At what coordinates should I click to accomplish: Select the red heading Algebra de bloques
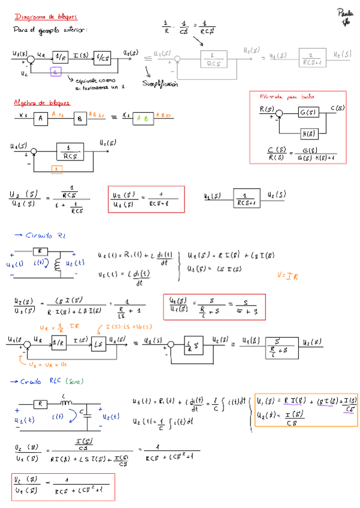click(x=42, y=103)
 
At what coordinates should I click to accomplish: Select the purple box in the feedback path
click(x=56, y=71)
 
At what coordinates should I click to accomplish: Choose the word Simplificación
click(x=160, y=84)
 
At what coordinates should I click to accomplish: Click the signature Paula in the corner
click(x=345, y=13)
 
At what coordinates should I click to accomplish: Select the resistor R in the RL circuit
click(x=40, y=251)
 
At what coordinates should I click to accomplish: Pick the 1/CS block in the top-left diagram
click(x=102, y=57)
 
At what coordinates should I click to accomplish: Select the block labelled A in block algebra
click(x=40, y=118)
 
